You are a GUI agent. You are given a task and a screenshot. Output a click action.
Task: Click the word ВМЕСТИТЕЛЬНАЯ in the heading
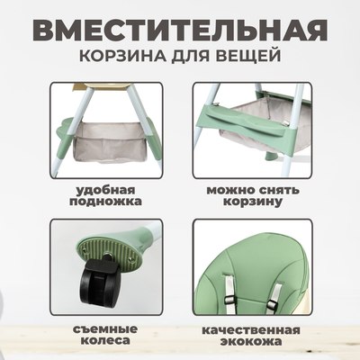coord(180,27)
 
